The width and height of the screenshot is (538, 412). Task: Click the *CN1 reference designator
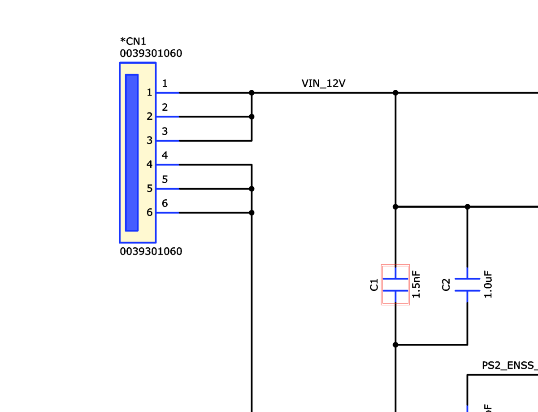133,42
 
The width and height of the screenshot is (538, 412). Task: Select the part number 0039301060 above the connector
151,54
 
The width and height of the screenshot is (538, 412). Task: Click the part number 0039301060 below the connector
151,251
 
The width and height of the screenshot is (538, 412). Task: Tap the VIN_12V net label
324,83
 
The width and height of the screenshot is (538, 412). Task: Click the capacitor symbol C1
395,285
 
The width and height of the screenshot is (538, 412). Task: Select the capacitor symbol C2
467,285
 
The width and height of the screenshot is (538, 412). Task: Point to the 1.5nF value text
416,285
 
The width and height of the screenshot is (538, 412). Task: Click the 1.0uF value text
488,285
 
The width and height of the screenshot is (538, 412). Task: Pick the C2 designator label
446,285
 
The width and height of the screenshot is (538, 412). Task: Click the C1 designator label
374,285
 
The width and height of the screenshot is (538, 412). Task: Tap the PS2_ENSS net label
509,365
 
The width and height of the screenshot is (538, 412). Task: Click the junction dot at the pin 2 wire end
252,117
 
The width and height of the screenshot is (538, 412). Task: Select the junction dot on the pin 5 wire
252,188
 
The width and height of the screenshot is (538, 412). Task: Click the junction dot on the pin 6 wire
252,213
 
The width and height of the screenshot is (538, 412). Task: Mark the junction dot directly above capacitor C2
467,207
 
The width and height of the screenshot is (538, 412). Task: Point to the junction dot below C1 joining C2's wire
395,345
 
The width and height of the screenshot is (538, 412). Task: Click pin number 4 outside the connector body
165,156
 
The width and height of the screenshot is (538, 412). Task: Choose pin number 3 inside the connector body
149,140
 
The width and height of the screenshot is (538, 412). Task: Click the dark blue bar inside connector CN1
132,153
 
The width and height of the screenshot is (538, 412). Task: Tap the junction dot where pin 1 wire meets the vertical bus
252,93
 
